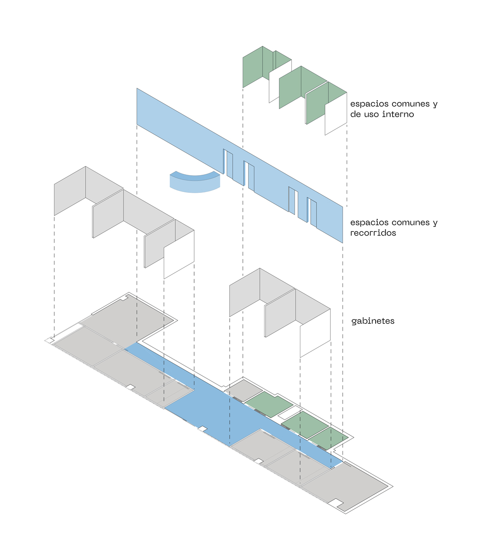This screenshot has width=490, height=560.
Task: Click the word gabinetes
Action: point(372,321)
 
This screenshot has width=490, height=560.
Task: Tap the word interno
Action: point(398,114)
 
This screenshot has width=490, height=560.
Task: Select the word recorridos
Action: point(373,233)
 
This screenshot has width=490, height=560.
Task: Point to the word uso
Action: point(372,114)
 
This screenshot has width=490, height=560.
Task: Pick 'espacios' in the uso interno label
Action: point(367,104)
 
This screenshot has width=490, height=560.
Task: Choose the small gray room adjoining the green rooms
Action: point(243,389)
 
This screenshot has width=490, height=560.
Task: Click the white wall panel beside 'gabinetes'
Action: point(315,334)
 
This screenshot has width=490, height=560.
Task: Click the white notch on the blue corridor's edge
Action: point(203,428)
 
